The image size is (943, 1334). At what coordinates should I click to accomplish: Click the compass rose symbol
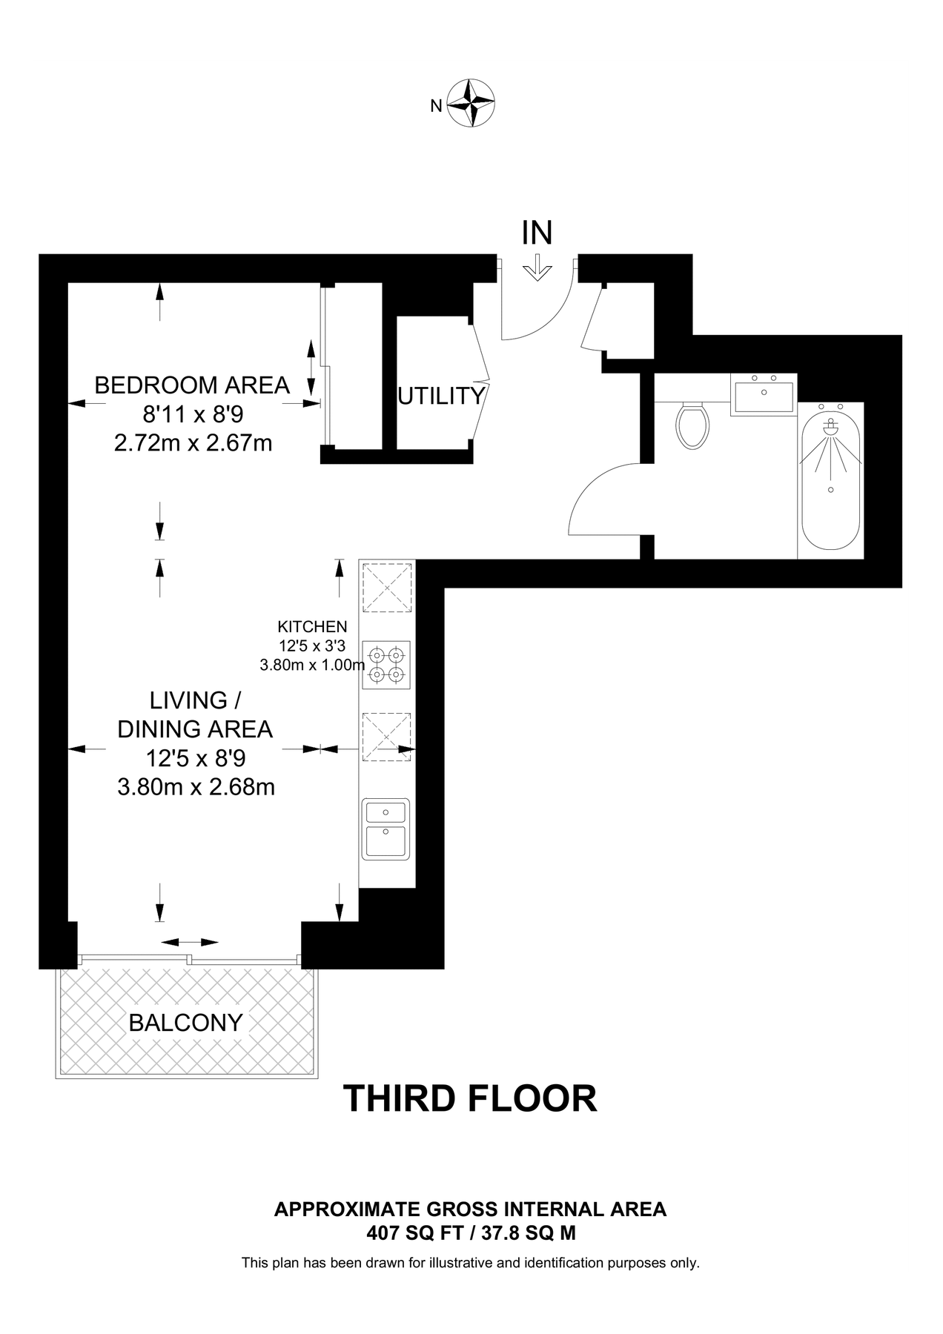pyautogui.click(x=472, y=104)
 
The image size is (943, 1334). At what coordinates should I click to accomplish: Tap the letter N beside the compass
pyautogui.click(x=437, y=106)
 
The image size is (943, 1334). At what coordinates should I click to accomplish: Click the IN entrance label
pyautogui.click(x=537, y=233)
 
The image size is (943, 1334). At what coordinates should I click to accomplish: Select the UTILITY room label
pyautogui.click(x=441, y=396)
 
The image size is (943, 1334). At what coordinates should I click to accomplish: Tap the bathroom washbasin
pyautogui.click(x=764, y=395)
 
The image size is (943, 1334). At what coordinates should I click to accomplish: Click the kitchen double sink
pyautogui.click(x=386, y=829)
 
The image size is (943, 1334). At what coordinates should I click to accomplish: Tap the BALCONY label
pyautogui.click(x=186, y=1023)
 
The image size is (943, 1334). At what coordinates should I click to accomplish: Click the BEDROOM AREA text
pyautogui.click(x=192, y=385)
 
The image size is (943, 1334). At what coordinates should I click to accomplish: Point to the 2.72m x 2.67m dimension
pyautogui.click(x=193, y=443)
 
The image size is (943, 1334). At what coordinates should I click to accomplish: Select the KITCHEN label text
pyautogui.click(x=312, y=627)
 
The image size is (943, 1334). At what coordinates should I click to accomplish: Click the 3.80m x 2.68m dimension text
pyautogui.click(x=196, y=786)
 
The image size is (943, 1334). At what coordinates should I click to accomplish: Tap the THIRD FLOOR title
pyautogui.click(x=470, y=1098)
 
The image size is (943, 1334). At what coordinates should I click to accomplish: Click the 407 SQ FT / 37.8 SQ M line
pyautogui.click(x=471, y=1233)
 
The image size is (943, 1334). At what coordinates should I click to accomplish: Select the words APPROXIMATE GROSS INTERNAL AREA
pyautogui.click(x=471, y=1209)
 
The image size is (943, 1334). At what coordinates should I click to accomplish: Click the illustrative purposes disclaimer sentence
pyautogui.click(x=471, y=1263)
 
